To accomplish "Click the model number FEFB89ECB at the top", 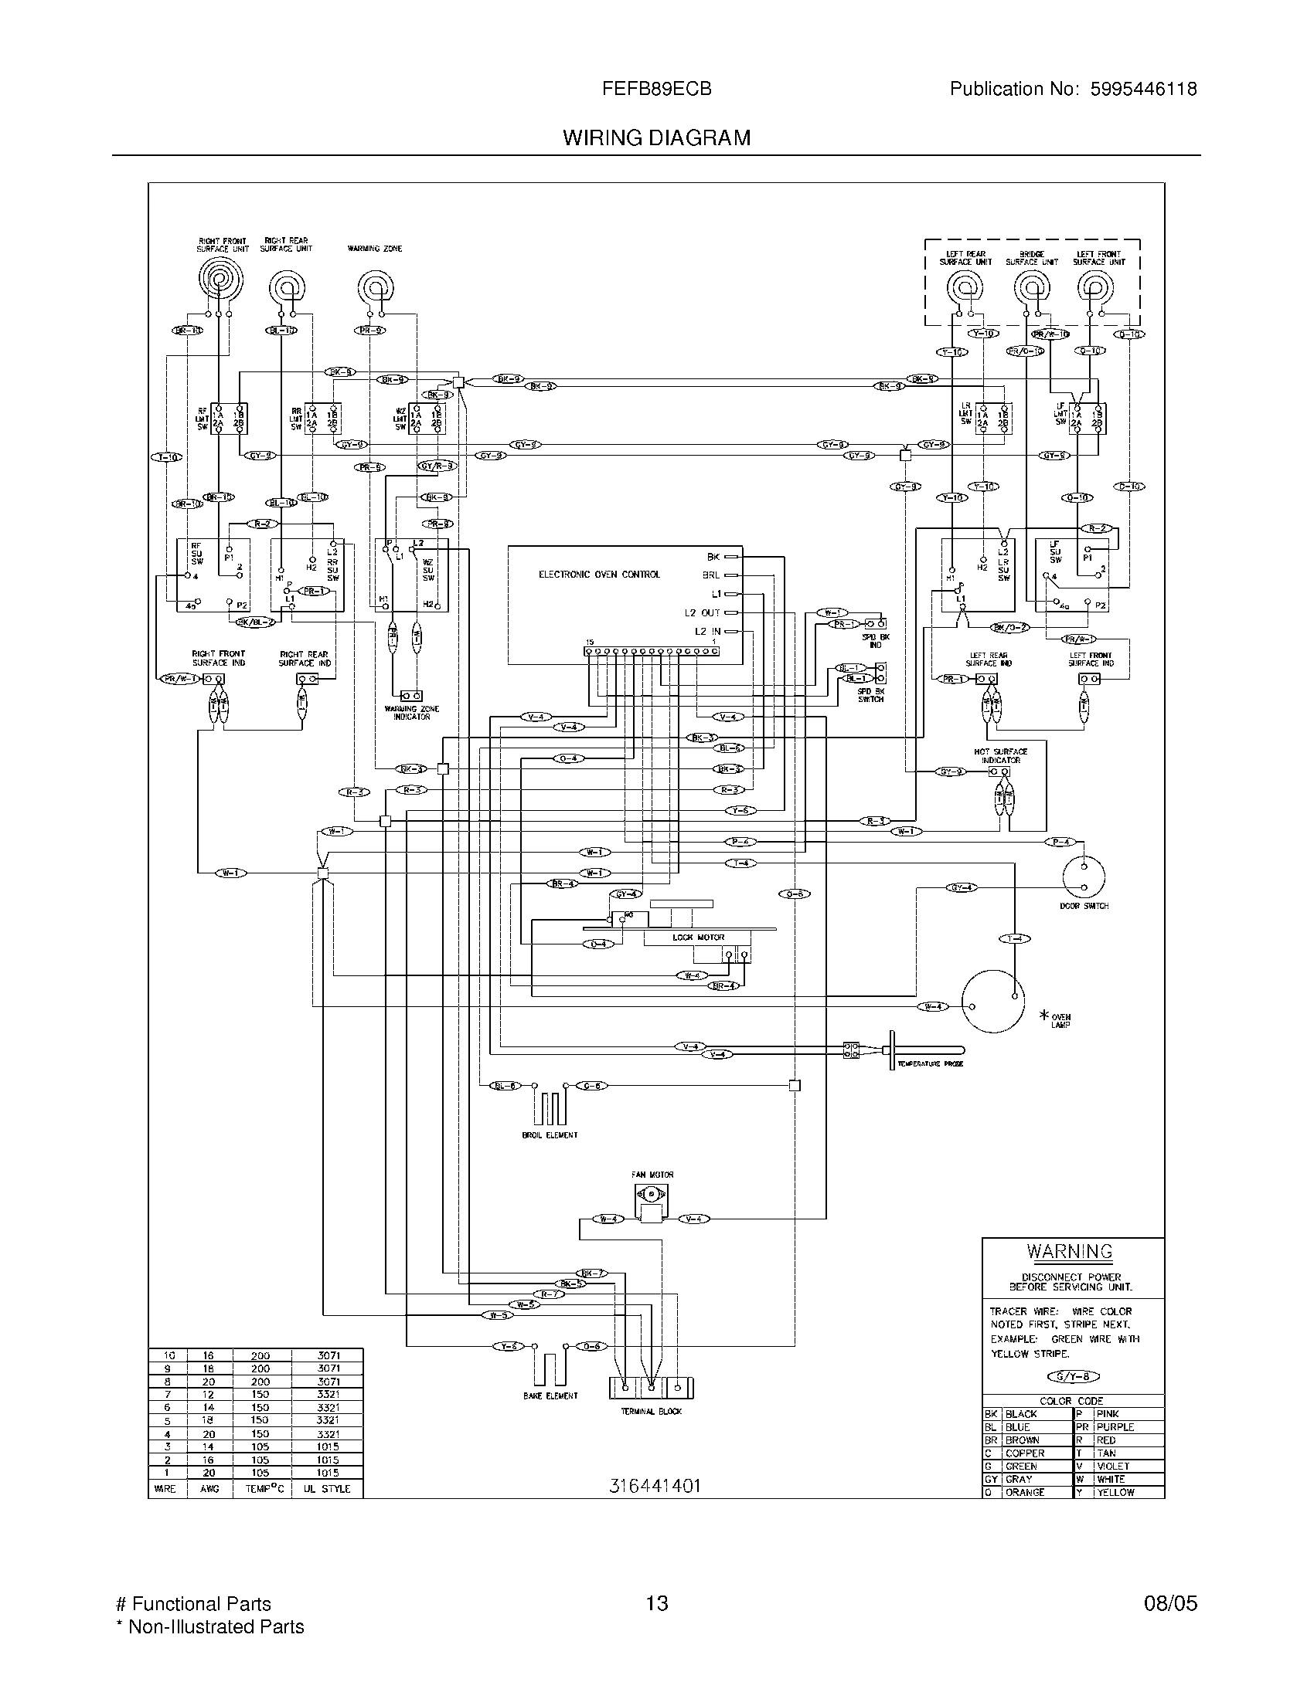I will click(x=656, y=89).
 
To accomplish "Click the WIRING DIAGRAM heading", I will click(x=656, y=137).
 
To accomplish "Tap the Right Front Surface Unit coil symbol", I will click(x=220, y=280).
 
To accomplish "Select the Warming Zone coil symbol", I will click(x=375, y=287).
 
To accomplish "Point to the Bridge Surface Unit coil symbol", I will click(x=1030, y=289).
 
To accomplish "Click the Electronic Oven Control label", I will click(x=599, y=574).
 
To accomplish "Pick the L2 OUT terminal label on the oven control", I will click(x=702, y=613).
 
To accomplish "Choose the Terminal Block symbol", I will click(x=651, y=1387).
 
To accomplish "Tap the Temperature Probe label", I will click(x=930, y=1063).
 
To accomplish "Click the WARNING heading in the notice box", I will click(x=1070, y=1252).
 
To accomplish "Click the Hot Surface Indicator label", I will click(x=1000, y=755).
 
